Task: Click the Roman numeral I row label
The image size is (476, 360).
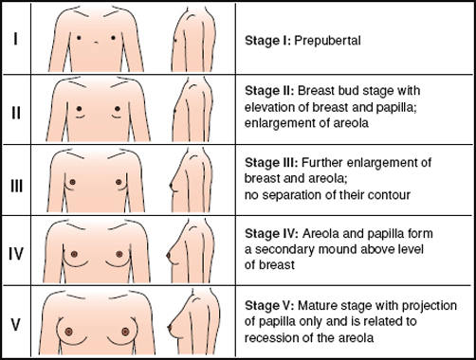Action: [15, 40]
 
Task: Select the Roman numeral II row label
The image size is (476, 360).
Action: [16, 112]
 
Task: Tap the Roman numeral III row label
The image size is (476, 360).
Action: [16, 186]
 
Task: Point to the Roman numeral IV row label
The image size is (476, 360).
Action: [16, 254]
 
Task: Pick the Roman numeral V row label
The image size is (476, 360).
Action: [16, 325]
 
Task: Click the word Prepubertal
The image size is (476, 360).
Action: [327, 41]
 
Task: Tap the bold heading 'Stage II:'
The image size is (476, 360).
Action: [269, 91]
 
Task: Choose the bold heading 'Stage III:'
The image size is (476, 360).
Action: [271, 163]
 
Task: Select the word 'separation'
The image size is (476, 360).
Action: [292, 195]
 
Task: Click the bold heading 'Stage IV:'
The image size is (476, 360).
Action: [272, 234]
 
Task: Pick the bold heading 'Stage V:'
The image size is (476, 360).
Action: [269, 305]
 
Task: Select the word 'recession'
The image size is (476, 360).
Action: [271, 338]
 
